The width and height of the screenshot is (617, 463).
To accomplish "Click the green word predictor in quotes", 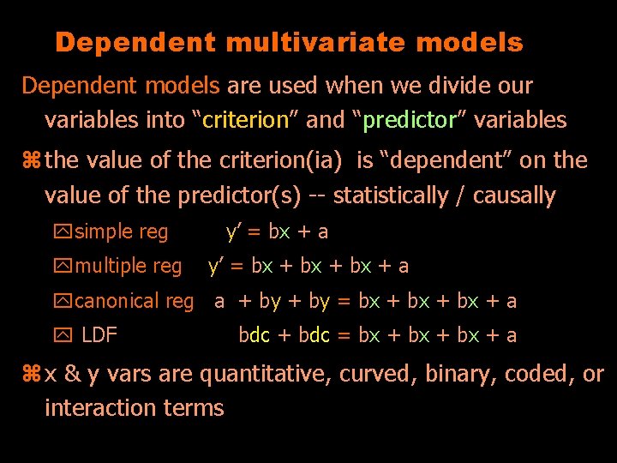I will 408,120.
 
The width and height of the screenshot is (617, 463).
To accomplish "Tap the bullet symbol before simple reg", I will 65,231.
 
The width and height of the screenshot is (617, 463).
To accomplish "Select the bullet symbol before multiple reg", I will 65,267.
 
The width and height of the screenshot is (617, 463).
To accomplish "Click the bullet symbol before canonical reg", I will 65,302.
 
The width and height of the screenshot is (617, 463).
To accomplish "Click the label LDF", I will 99,335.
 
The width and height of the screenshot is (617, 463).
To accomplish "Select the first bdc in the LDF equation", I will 254,335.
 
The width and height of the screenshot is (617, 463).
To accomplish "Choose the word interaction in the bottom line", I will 98,408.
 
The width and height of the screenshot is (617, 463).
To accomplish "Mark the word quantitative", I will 266,375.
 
